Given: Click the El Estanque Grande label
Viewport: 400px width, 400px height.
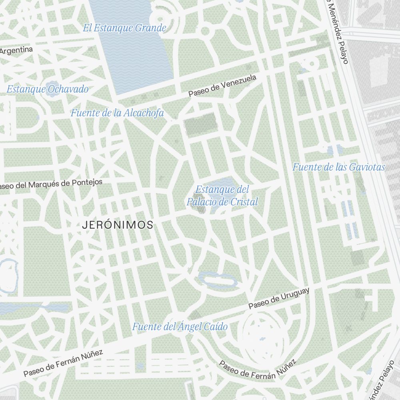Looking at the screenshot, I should tap(124, 28).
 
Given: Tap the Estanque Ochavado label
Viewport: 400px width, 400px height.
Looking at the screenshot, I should tap(48, 89).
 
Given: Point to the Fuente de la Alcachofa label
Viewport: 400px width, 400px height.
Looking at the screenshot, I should tap(117, 113).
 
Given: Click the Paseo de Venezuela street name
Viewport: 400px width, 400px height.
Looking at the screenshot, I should tap(222, 86).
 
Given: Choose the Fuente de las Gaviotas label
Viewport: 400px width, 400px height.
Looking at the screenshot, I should tap(338, 167).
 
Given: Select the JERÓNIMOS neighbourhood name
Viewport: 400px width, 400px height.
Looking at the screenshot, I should tap(117, 225).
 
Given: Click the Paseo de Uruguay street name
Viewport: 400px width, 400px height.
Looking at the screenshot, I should tap(279, 299).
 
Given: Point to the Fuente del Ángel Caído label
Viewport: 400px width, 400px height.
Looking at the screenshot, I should tap(180, 327).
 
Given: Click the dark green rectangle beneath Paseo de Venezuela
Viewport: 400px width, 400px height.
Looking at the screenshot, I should tap(200, 121).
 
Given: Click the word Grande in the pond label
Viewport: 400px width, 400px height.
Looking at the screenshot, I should tap(150, 28).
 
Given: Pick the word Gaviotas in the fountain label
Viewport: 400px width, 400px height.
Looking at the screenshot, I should tap(366, 167).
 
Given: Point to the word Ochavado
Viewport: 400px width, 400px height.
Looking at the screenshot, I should tap(68, 89).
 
